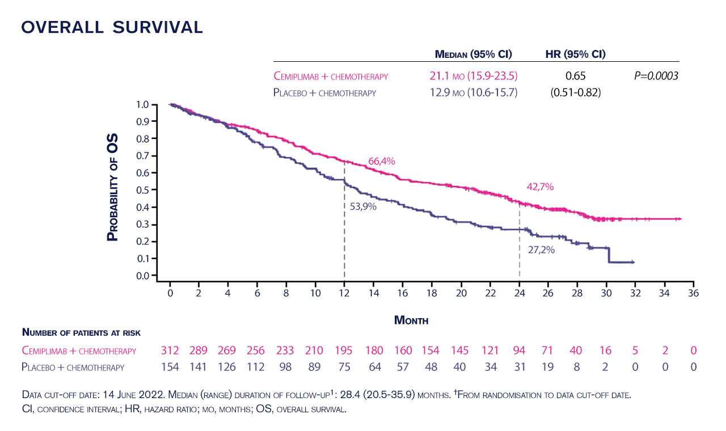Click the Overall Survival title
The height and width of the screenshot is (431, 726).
[112, 27]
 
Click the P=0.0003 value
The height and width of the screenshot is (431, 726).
[656, 76]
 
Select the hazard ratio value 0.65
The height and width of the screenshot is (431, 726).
[576, 76]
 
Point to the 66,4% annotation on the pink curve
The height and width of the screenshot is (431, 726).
[382, 161]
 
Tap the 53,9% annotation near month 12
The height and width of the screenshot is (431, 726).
[363, 206]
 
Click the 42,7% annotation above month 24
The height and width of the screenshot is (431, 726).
[540, 187]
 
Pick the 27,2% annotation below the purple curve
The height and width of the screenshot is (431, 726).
[541, 248]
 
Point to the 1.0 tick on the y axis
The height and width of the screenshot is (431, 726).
[142, 105]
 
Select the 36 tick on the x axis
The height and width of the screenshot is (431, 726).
[693, 293]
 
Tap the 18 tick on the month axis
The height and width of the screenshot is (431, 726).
[432, 293]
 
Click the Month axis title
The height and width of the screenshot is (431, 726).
[411, 320]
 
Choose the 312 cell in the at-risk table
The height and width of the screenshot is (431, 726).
[170, 350]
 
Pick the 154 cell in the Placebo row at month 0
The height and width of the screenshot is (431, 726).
[170, 367]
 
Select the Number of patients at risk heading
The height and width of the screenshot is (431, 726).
[81, 332]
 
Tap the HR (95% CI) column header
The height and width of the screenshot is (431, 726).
[575, 54]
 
